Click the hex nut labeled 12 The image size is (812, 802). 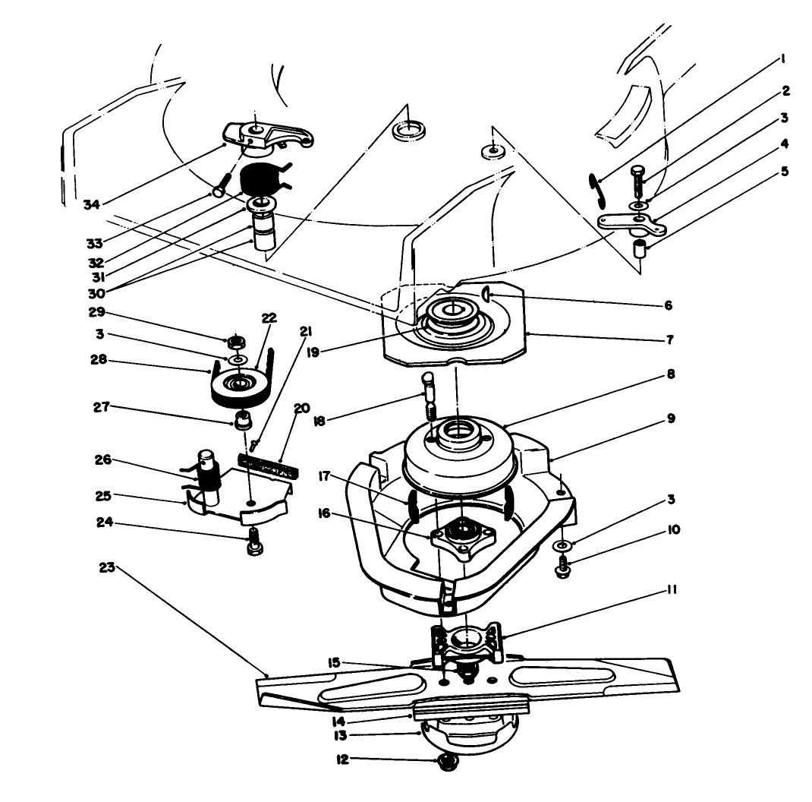448,763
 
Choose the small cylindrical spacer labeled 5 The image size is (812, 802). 642,248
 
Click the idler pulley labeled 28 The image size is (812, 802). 238,389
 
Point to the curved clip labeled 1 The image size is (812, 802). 597,188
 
